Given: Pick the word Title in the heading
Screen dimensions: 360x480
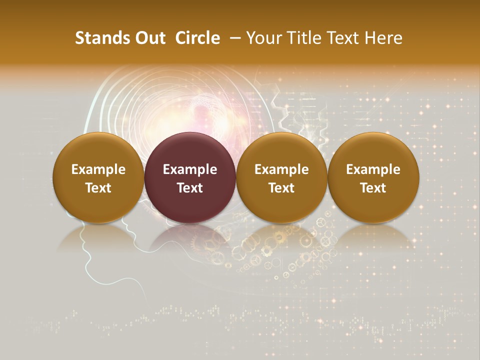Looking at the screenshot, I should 302,38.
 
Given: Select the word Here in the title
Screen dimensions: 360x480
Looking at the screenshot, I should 383,38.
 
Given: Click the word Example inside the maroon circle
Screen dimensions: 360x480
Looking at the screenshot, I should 190,169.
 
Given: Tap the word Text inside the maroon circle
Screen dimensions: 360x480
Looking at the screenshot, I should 190,188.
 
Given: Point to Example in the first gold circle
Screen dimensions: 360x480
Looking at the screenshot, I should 98,169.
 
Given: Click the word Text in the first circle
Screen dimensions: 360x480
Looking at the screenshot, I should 98,188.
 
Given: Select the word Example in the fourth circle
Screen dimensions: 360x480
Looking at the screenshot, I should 373,169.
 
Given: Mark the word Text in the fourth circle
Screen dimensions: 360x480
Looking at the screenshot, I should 373,188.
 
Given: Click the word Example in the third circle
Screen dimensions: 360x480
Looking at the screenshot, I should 281,169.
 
